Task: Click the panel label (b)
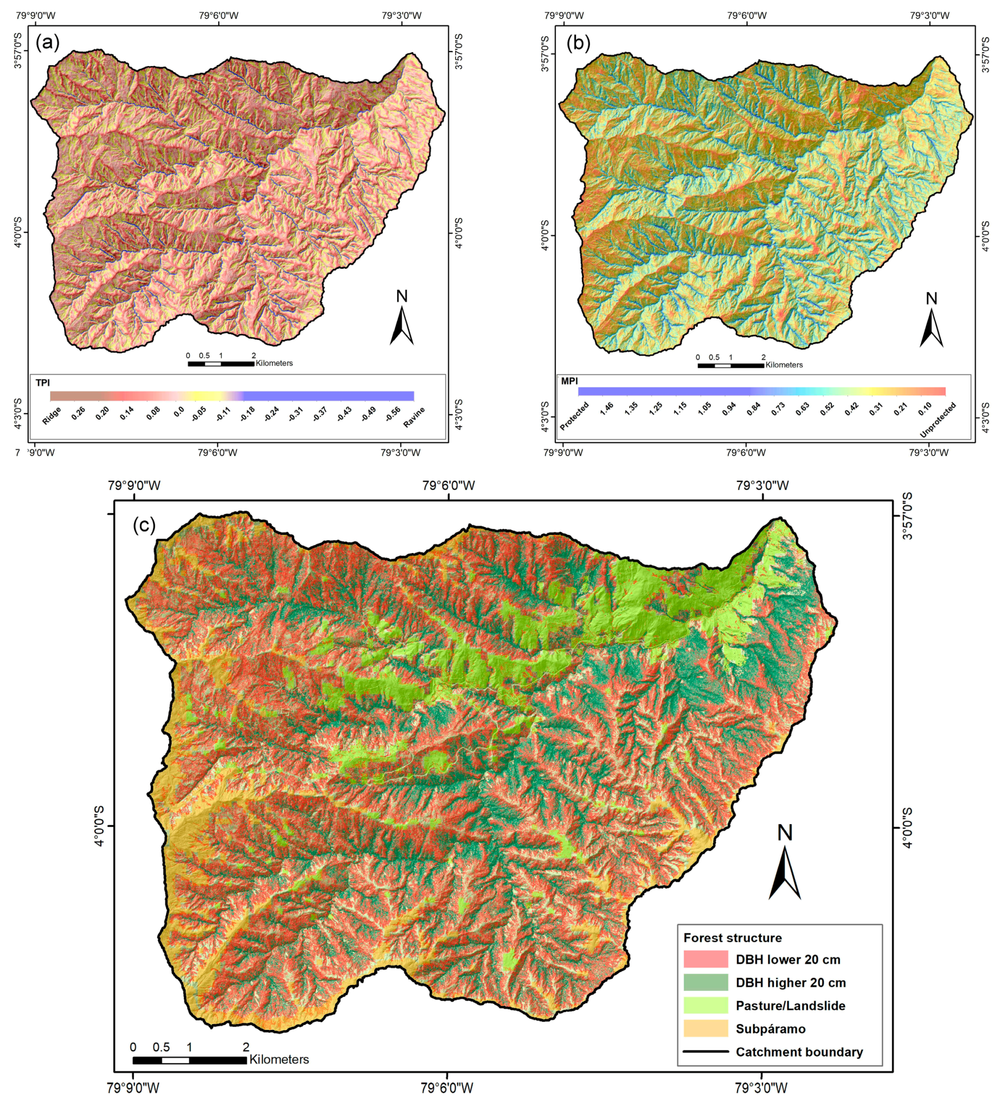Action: click(578, 43)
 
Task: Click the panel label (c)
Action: click(144, 525)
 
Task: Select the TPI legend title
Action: click(43, 383)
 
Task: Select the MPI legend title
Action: click(569, 381)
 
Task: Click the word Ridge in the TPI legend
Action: click(52, 416)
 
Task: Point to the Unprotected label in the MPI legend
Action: click(938, 420)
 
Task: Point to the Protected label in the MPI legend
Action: click(575, 417)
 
